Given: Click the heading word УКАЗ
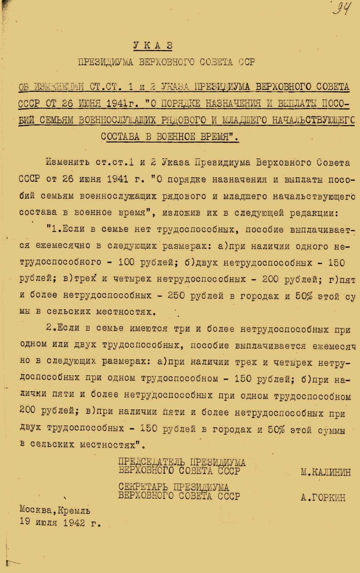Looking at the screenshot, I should [153, 46].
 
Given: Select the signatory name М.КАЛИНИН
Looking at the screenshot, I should [326, 472].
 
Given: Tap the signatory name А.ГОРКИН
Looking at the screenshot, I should [323, 498].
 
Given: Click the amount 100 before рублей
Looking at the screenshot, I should [126, 262].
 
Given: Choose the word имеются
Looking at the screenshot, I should [149, 328].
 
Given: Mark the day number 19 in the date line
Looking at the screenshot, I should [25, 523].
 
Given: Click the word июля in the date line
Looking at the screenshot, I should [46, 523].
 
